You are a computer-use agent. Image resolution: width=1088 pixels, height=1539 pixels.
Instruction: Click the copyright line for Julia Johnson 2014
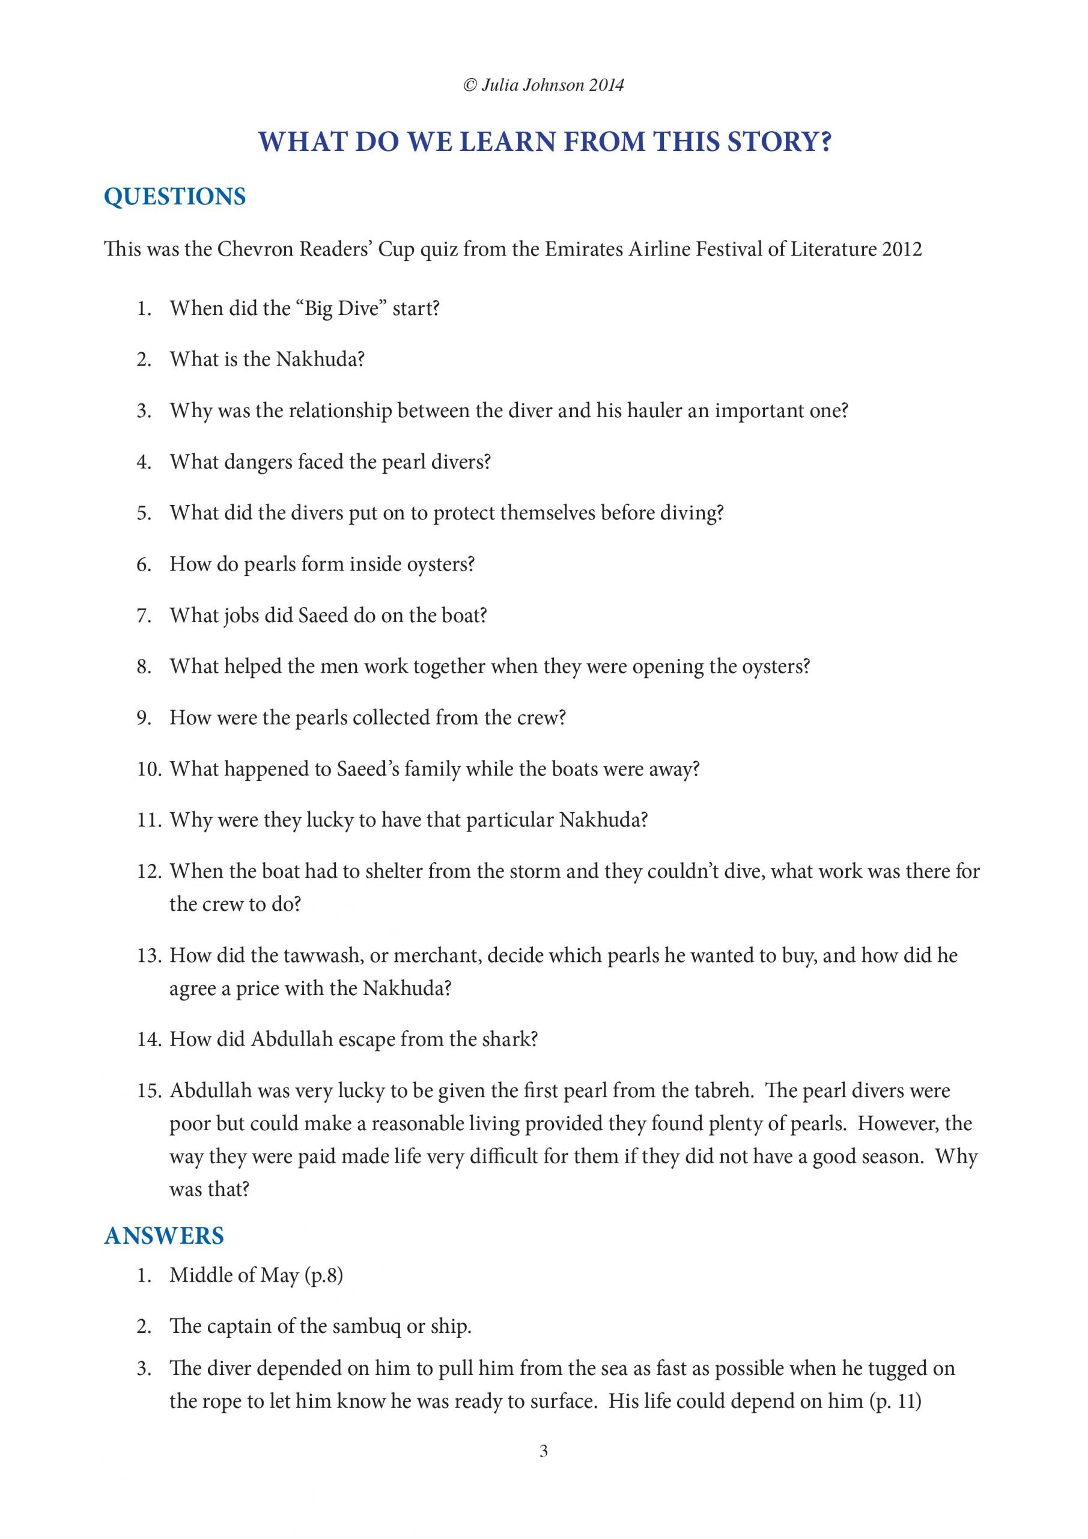[543, 85]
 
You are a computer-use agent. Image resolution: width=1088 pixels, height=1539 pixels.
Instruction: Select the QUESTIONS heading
[175, 197]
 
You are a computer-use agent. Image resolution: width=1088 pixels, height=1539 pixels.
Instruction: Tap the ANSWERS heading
[163, 1235]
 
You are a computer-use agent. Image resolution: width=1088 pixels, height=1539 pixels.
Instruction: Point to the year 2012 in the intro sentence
[902, 249]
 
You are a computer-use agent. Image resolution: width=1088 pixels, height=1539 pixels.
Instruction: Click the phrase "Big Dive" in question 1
[341, 309]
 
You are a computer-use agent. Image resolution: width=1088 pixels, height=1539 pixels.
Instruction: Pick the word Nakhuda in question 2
[320, 360]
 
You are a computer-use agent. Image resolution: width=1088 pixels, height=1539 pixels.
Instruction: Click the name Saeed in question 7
[323, 616]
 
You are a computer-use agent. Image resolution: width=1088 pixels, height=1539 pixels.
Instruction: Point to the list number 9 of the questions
[144, 718]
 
